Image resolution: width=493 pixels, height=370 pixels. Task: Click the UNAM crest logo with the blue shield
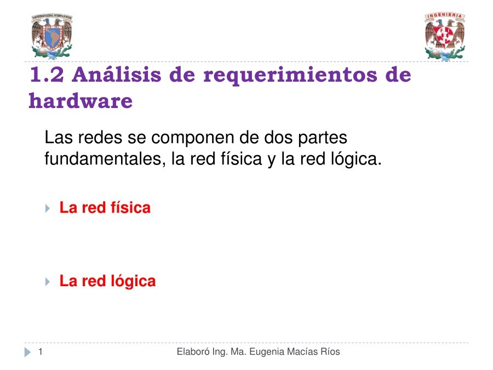coord(51,37)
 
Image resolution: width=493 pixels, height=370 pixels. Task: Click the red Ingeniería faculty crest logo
coord(445,37)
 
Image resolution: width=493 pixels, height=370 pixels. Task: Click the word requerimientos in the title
coord(290,76)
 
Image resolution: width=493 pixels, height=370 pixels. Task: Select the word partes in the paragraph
coord(322,138)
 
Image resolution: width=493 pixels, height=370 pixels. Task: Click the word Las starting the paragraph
coord(59,137)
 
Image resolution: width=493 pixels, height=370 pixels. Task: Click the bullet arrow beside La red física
coord(48,208)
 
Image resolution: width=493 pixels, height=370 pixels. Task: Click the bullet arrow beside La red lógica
coord(48,282)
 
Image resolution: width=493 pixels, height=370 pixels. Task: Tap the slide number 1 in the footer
coord(40,351)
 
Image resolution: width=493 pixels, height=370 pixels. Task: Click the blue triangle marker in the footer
coord(28,352)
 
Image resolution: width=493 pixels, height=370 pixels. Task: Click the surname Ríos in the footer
coord(330,351)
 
